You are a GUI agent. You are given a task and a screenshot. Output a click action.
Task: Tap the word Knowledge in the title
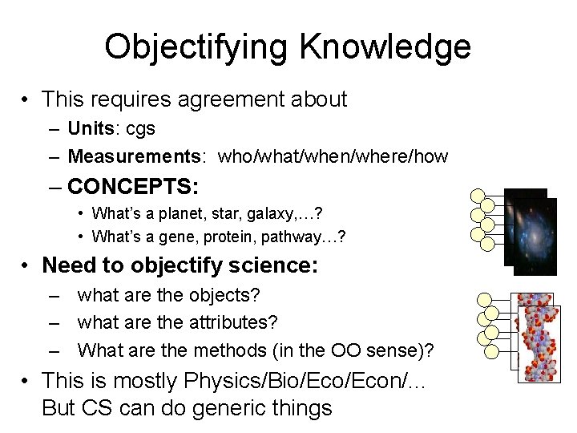(385, 47)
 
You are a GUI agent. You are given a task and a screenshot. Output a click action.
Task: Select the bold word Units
(91, 128)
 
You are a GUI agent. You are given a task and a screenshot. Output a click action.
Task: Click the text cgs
(138, 129)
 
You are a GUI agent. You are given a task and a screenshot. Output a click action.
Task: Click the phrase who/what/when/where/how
(333, 156)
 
